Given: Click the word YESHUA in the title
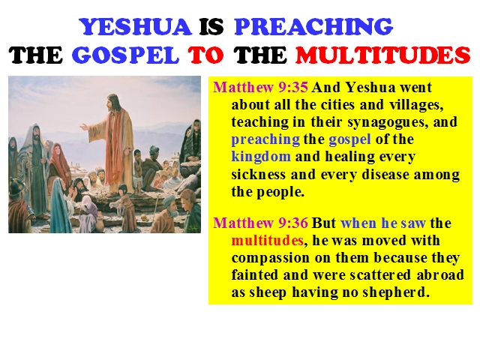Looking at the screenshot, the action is point(135,27).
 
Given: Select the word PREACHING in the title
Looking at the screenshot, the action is point(313,27).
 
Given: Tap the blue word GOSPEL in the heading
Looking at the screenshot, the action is point(125,55).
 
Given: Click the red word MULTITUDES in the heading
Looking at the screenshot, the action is point(383,55).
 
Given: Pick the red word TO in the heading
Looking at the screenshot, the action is point(205,55).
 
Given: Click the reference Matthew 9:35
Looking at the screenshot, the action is point(260,88).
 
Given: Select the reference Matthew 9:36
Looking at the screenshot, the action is point(260,223).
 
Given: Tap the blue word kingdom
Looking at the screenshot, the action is point(261,157).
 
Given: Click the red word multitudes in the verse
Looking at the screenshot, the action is point(268,240).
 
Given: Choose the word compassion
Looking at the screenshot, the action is point(271,258).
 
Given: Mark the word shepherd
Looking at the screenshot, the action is point(395,292).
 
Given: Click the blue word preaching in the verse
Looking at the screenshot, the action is point(265,139).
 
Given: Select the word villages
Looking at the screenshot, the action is point(416,105).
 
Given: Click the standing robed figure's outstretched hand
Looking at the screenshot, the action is point(83,126).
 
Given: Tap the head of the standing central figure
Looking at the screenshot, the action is point(112,102).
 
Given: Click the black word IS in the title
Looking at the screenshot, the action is point(211,27).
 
